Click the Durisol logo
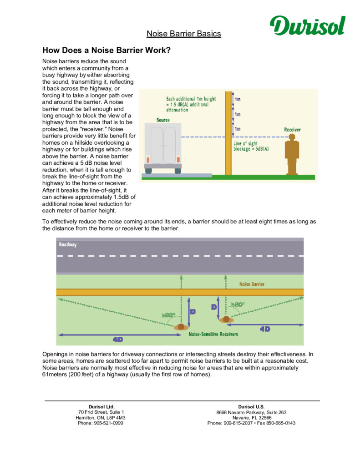[307, 26]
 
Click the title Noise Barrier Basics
[183, 34]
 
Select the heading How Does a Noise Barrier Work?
[106, 50]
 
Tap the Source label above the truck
[162, 120]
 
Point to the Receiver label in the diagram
[292, 130]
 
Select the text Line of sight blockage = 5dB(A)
[251, 146]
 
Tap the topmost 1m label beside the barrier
[238, 99]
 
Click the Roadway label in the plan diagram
[68, 244]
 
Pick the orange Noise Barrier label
[252, 284]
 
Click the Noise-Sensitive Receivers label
[213, 334]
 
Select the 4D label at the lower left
[117, 339]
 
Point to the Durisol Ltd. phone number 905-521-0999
[101, 423]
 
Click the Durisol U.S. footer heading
[251, 406]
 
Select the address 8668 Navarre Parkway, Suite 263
[251, 412]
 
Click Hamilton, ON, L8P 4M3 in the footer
[101, 417]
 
